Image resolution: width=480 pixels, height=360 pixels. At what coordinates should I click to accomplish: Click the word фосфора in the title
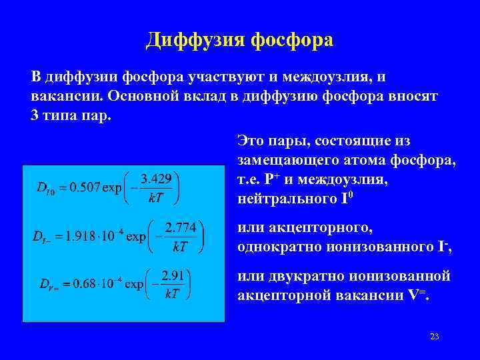pos(291,41)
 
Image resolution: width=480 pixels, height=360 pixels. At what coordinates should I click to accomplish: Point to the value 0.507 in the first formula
pos(81,187)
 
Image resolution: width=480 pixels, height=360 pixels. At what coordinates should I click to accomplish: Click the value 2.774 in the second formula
pos(180,227)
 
